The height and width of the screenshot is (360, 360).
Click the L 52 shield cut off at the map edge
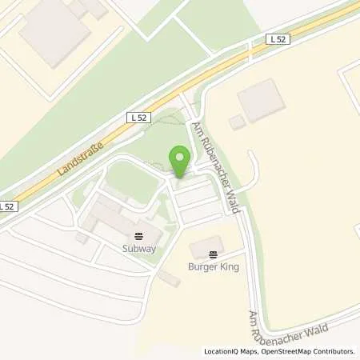point(6,206)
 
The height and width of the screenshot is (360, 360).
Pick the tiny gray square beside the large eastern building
point(237,122)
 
